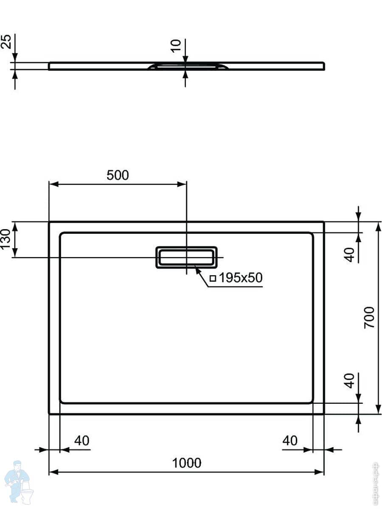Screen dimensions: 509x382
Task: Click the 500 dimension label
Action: pyautogui.click(x=117, y=175)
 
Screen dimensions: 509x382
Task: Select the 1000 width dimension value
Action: pyautogui.click(x=187, y=462)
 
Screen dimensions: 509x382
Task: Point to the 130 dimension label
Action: pyautogui.click(x=6, y=240)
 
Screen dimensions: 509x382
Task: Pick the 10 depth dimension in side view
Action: pyautogui.click(x=176, y=45)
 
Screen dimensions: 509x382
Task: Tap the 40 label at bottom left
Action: pyautogui.click(x=82, y=441)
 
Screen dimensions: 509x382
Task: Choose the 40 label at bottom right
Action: pyautogui.click(x=290, y=441)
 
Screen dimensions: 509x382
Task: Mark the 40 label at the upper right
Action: pyautogui.click(x=349, y=254)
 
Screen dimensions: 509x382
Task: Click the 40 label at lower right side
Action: pyautogui.click(x=349, y=380)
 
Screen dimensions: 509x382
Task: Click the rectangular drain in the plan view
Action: pyautogui.click(x=186, y=257)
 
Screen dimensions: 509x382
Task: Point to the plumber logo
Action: pyautogui.click(x=17, y=481)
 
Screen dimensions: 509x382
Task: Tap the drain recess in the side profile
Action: pyautogui.click(x=187, y=65)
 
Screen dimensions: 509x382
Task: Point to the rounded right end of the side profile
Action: pyautogui.click(x=324, y=66)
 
